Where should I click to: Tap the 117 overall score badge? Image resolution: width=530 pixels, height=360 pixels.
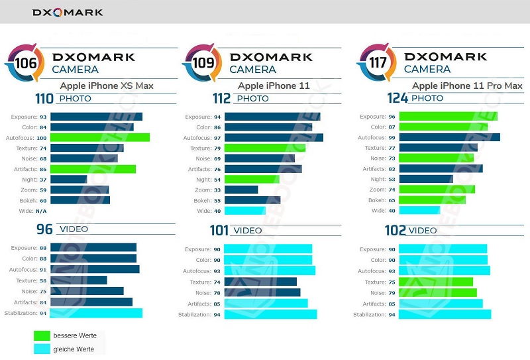coord(372,64)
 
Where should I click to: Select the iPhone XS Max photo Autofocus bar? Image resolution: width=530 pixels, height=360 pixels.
coord(99,137)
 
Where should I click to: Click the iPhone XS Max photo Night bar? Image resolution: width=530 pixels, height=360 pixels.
coord(68,180)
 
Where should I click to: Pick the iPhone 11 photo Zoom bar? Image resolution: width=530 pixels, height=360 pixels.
coord(240,190)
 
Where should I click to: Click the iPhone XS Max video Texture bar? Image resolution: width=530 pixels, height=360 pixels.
coord(78,280)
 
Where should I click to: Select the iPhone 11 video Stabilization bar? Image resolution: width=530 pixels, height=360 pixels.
coord(270,314)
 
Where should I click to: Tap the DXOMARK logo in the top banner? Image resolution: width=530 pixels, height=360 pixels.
coord(68,12)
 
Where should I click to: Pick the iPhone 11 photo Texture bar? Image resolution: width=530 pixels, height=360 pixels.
coord(264,148)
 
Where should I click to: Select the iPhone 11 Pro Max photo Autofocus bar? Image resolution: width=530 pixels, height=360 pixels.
coord(449,137)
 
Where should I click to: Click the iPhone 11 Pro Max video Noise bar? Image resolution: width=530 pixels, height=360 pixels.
coord(437,293)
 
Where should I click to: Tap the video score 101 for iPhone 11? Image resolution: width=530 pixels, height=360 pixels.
coord(219,230)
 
